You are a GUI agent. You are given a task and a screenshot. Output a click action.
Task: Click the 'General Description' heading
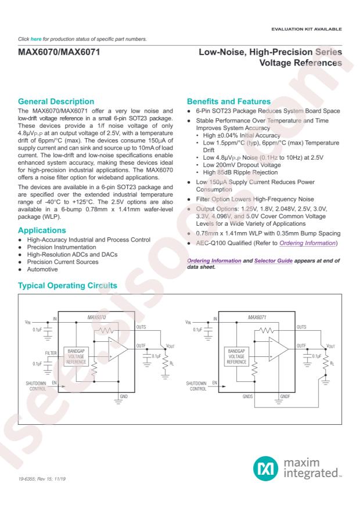[57, 102]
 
